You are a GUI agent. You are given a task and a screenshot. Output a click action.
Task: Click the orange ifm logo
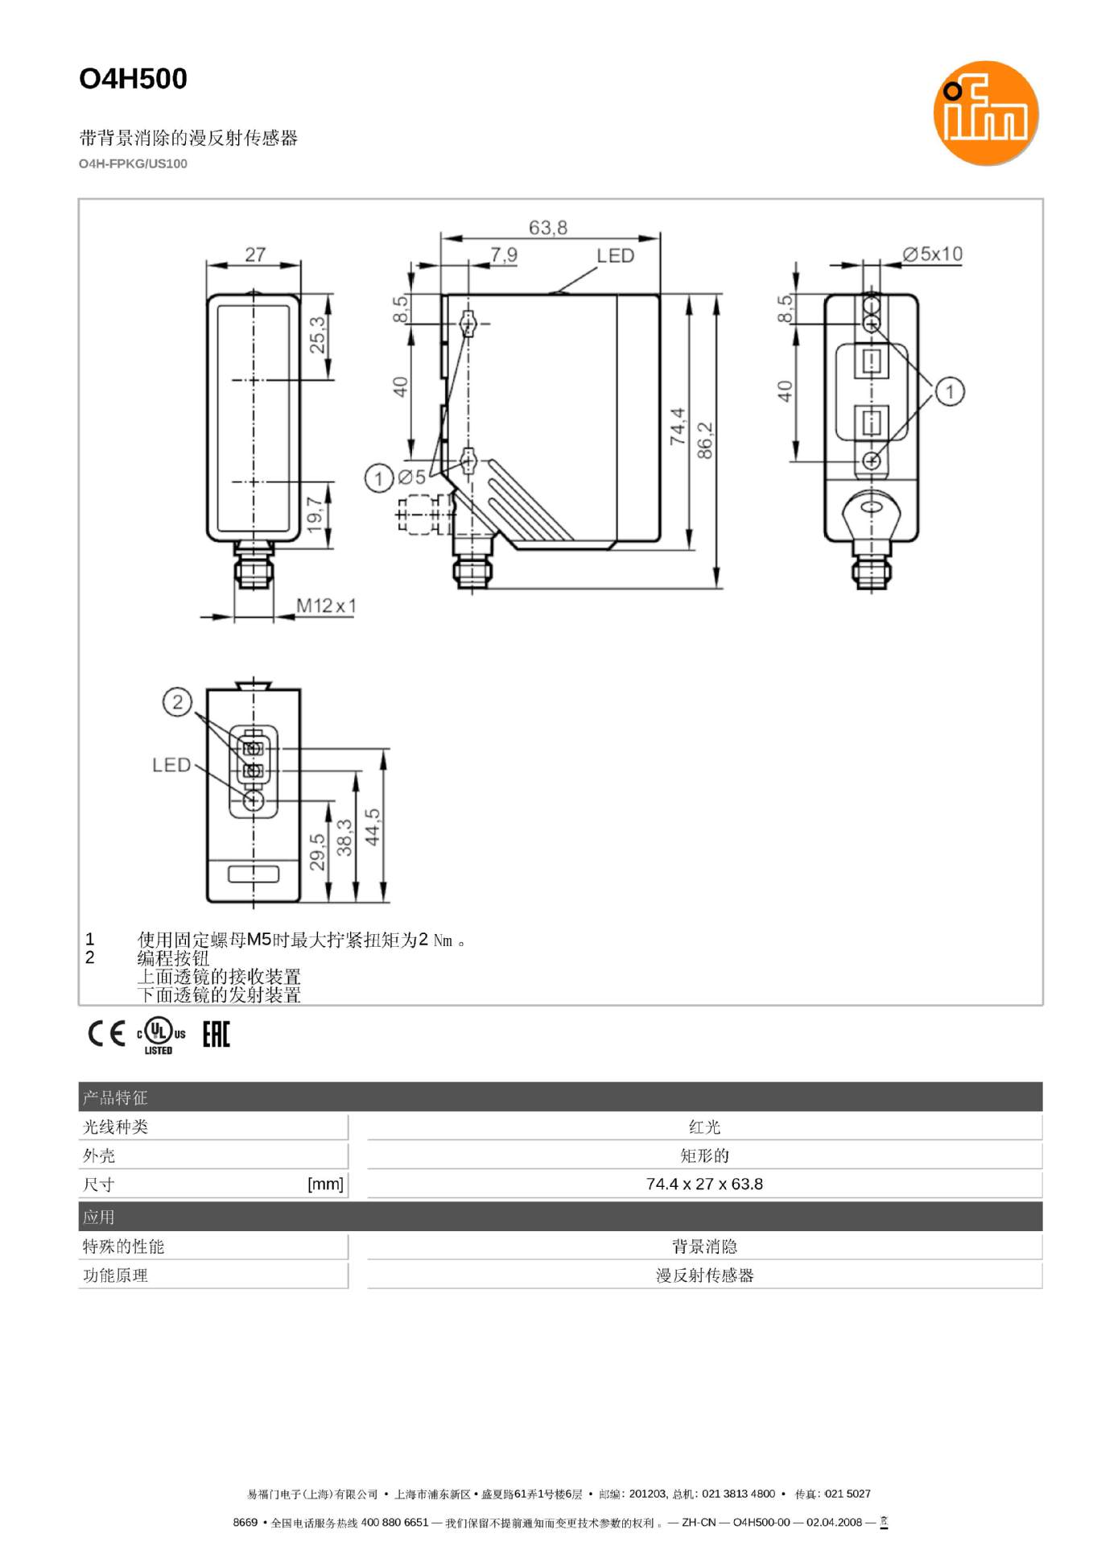984,113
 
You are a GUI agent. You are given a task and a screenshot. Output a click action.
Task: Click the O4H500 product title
133,79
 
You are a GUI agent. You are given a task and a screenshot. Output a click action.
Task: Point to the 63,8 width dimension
547,228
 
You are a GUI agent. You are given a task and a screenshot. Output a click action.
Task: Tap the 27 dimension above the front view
254,254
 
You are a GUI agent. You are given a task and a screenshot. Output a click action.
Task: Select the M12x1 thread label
326,605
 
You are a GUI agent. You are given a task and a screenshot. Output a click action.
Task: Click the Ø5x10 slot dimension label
932,254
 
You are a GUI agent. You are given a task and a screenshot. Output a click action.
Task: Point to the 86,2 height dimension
705,440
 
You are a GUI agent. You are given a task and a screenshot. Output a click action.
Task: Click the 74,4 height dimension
678,426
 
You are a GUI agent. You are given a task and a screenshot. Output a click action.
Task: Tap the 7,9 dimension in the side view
504,255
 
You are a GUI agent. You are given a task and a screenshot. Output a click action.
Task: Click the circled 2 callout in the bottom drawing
177,701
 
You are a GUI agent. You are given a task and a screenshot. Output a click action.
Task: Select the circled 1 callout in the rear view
950,391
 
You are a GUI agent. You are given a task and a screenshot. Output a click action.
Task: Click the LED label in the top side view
615,256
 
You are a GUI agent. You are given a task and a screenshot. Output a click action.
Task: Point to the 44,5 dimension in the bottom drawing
372,827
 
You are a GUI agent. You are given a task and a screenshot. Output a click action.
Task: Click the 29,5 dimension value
317,852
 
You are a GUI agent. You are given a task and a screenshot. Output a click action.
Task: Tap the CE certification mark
106,1033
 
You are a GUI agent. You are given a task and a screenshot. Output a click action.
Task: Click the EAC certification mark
216,1034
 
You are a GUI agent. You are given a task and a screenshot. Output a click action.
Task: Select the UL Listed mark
160,1035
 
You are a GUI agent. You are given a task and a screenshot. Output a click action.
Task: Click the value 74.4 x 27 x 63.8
703,1184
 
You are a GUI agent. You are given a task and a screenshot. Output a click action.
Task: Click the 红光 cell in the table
703,1126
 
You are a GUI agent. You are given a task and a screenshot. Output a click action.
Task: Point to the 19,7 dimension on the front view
315,513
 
